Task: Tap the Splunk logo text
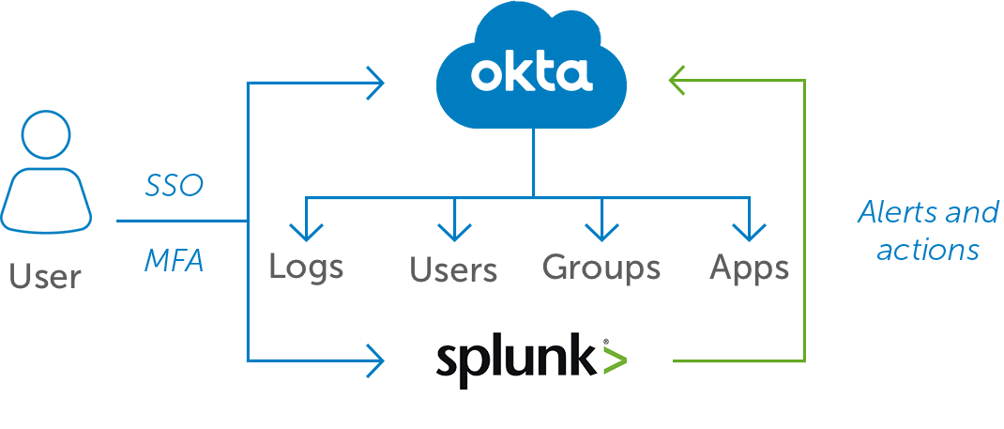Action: pyautogui.click(x=517, y=360)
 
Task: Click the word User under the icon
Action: pyautogui.click(x=45, y=276)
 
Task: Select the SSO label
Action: pyautogui.click(x=174, y=186)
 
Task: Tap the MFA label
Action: pyautogui.click(x=174, y=260)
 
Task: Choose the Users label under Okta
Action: pyautogui.click(x=453, y=270)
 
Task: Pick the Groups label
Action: pyautogui.click(x=601, y=268)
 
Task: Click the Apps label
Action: pyautogui.click(x=749, y=268)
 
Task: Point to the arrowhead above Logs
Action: pyautogui.click(x=306, y=231)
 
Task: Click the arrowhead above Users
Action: pyautogui.click(x=454, y=231)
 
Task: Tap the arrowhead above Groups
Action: pyautogui.click(x=601, y=231)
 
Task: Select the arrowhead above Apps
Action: pyautogui.click(x=748, y=231)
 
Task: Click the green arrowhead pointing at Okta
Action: pyautogui.click(x=678, y=81)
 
